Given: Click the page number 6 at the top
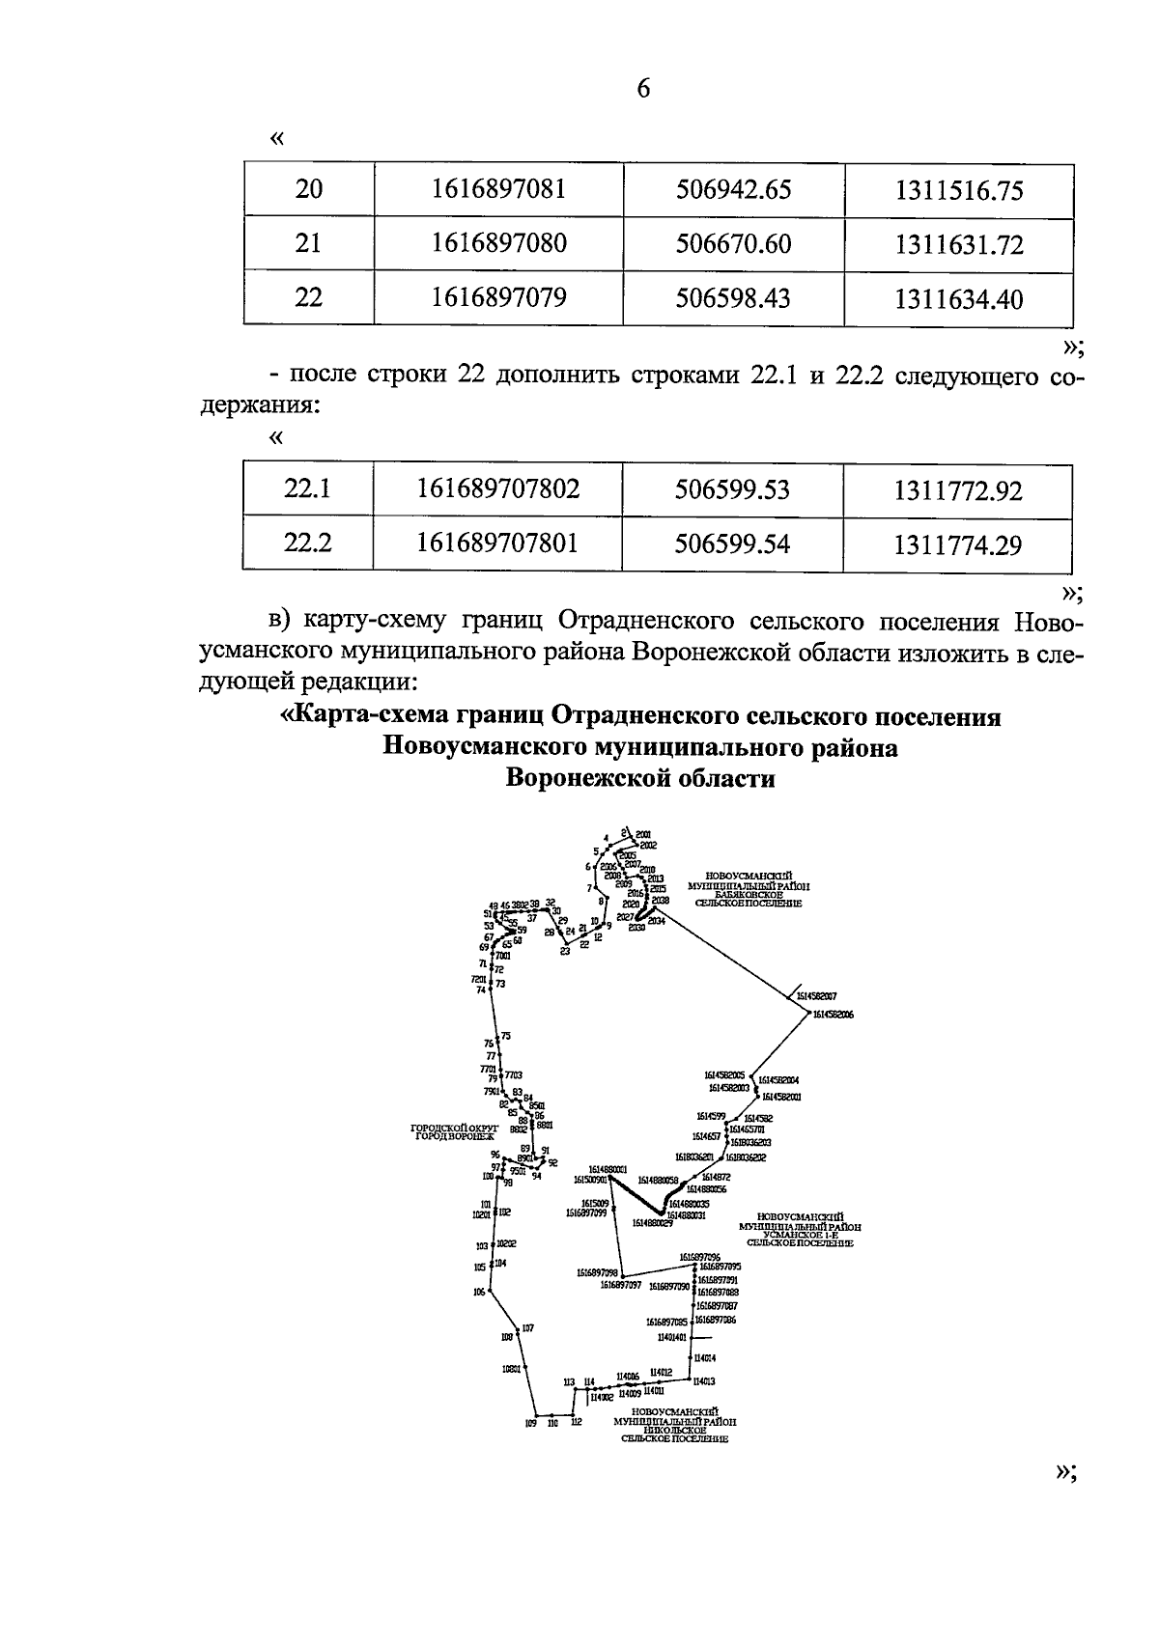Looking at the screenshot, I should tap(644, 89).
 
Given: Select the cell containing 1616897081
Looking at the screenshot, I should tap(498, 189).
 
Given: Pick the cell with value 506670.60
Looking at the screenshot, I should tap(733, 243).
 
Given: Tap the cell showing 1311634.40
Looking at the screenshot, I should tap(958, 298).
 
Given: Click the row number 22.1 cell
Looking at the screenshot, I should tap(307, 489).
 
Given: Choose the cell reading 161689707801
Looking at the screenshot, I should tap(497, 543).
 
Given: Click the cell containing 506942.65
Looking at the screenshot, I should tap(733, 189).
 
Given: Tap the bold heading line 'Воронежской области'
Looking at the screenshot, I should tap(640, 778).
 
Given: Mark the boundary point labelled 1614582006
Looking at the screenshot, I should tap(834, 1015).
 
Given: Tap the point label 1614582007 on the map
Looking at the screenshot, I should tap(817, 995).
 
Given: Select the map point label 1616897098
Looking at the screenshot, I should tap(596, 1272).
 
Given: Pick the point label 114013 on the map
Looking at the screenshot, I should tap(704, 1381).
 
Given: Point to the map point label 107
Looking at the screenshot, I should tap(527, 1328).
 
